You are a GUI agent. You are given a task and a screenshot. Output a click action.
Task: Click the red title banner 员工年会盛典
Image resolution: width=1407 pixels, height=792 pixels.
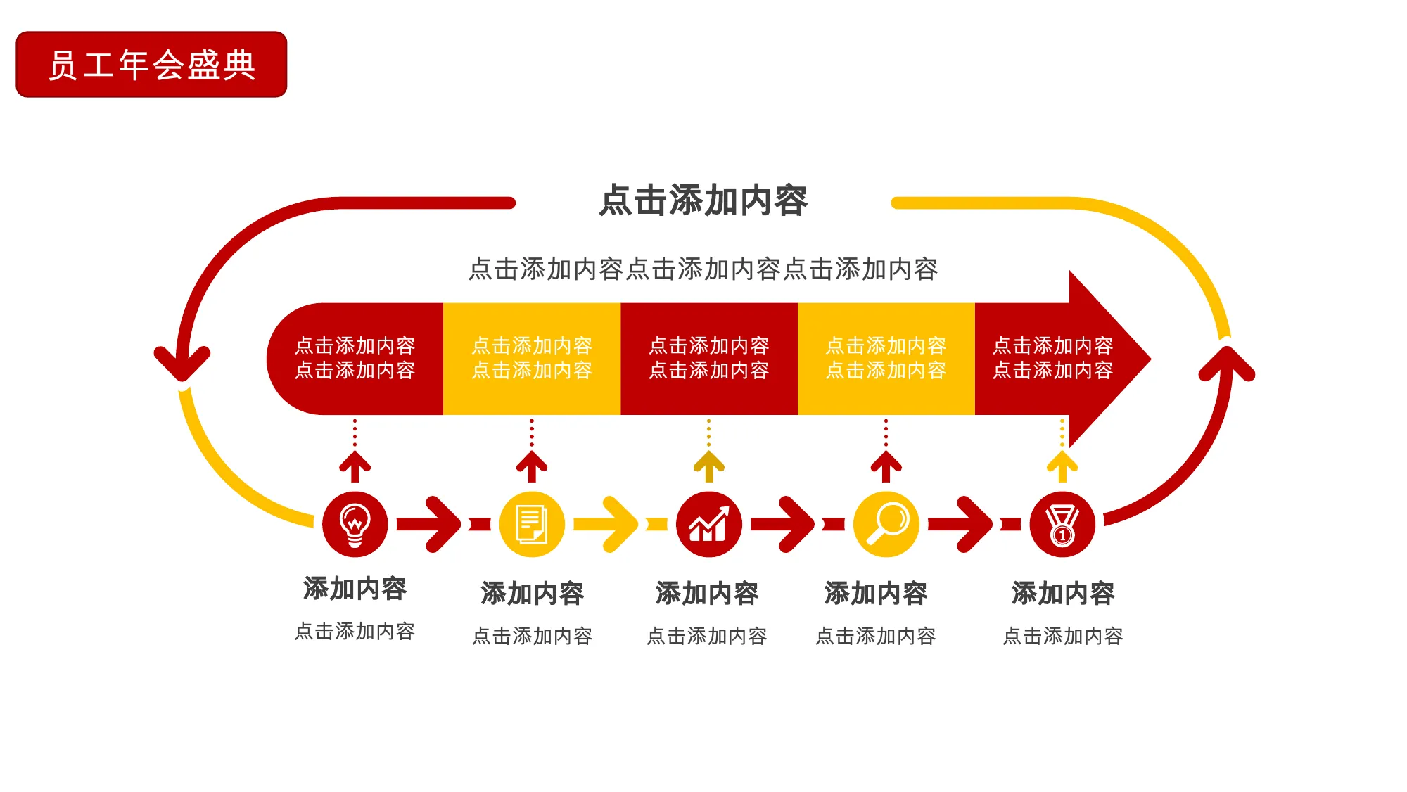pyautogui.click(x=151, y=64)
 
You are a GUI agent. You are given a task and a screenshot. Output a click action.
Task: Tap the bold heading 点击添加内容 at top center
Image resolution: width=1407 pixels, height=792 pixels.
pyautogui.click(x=703, y=200)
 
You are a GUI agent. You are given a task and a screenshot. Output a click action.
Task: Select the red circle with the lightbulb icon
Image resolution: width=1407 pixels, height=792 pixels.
pyautogui.click(x=355, y=524)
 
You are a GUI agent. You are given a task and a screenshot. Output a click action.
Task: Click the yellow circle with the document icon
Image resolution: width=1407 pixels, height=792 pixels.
pyautogui.click(x=532, y=524)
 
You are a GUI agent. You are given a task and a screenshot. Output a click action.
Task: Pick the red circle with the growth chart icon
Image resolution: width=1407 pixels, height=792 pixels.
pyautogui.click(x=708, y=524)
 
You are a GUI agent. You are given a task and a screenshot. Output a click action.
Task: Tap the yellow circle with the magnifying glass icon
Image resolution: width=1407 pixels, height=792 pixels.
pyautogui.click(x=886, y=524)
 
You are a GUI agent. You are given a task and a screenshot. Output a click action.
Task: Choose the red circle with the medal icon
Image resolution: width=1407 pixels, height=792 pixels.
pyautogui.click(x=1062, y=524)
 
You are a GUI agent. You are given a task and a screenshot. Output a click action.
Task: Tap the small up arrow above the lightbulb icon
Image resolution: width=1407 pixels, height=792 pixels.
pyautogui.click(x=355, y=466)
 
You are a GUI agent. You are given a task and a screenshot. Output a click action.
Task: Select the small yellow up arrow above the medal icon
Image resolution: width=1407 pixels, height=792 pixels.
pyautogui.click(x=1062, y=466)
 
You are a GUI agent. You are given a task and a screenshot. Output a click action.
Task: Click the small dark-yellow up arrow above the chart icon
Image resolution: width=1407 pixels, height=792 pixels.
pyautogui.click(x=708, y=466)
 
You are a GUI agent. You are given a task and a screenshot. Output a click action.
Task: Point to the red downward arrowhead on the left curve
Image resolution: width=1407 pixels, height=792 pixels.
pyautogui.click(x=182, y=364)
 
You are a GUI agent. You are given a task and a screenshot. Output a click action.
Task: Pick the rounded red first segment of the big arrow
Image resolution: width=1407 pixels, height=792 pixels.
pyautogui.click(x=355, y=359)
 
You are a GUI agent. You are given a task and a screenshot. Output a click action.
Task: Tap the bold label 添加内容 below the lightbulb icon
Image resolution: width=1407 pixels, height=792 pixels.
pyautogui.click(x=355, y=588)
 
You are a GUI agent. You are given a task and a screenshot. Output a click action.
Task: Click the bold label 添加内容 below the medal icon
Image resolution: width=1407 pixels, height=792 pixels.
pyautogui.click(x=1063, y=593)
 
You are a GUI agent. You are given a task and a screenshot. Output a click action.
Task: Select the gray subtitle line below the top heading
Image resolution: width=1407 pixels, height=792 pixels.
pyautogui.click(x=703, y=269)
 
